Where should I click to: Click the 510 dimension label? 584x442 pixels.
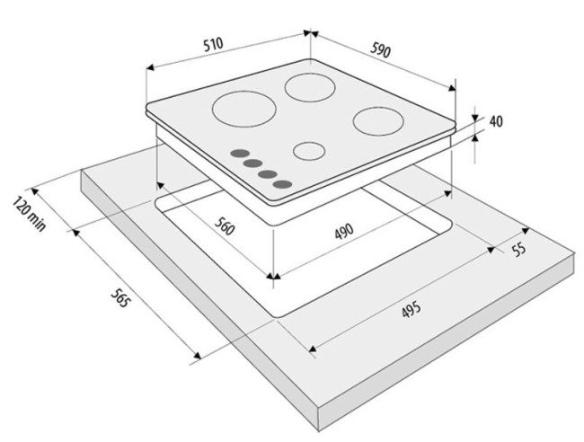(214, 44)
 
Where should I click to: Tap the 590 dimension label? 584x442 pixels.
(381, 50)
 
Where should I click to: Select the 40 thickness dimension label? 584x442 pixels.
(496, 121)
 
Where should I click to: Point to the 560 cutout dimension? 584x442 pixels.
(225, 225)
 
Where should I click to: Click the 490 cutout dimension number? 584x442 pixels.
(344, 231)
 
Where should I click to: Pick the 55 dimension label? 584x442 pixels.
(519, 249)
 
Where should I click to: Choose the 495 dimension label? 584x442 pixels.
(411, 309)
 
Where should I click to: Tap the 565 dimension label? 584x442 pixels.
(120, 297)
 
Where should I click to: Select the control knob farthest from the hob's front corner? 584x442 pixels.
(240, 154)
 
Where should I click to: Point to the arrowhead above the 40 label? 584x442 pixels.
(475, 119)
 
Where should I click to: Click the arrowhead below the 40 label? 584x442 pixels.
(475, 137)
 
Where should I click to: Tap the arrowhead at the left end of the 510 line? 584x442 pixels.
(150, 67)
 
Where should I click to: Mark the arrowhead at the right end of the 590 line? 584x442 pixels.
(452, 88)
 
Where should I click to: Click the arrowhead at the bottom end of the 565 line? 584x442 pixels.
(197, 355)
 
